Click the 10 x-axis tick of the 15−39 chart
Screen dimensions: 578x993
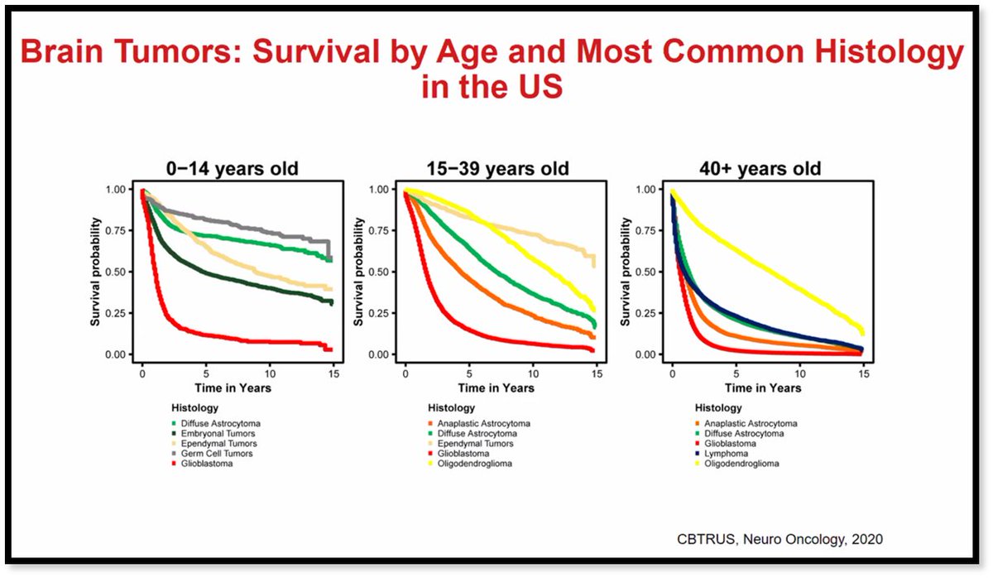coord(533,373)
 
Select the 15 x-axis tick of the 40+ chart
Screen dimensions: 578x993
coord(862,373)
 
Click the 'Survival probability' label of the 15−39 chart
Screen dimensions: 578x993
coord(360,272)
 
